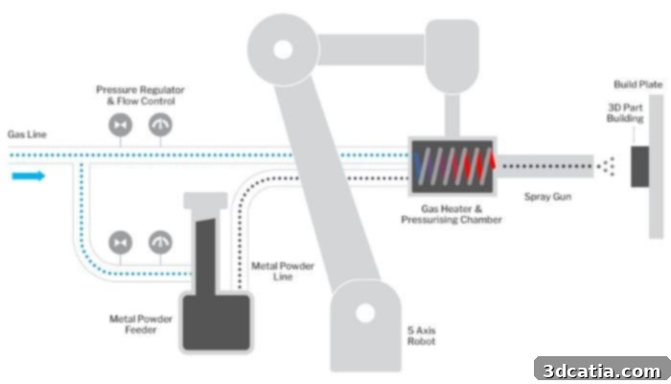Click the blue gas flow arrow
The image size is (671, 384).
point(28,176)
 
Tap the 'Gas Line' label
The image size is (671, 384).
point(27,134)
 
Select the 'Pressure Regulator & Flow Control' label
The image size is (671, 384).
point(140,95)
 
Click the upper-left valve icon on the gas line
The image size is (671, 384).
point(120,125)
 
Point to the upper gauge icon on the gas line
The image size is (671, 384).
point(160,125)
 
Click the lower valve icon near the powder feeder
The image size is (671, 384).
point(120,243)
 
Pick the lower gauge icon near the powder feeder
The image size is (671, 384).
point(160,242)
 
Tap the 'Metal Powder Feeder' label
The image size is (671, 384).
point(141,324)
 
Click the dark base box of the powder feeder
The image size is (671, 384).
point(217,323)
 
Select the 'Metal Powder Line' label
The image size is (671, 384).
point(283,271)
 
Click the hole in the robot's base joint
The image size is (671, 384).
point(365,313)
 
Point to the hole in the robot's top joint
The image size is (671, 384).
point(283,49)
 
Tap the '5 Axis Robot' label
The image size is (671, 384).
point(422,336)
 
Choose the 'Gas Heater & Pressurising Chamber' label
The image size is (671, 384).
point(451,214)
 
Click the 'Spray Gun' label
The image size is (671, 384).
point(547,197)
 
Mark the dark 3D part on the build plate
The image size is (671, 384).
point(639,166)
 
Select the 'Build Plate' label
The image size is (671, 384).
point(638,84)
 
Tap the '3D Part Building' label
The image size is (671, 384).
point(625,112)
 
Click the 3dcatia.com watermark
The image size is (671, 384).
point(602,371)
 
